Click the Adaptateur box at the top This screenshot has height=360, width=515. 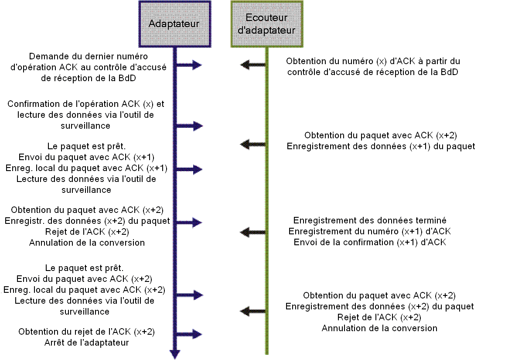pyautogui.click(x=174, y=24)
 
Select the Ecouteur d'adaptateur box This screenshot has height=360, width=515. pyautogui.click(x=266, y=24)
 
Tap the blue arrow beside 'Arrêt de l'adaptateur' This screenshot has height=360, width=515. pyautogui.click(x=192, y=335)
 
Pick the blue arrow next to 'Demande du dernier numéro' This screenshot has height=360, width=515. pyautogui.click(x=192, y=65)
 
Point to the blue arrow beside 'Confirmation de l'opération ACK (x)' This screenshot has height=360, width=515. pyautogui.click(x=192, y=126)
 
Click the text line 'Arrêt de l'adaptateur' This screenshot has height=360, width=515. pyautogui.click(x=86, y=343)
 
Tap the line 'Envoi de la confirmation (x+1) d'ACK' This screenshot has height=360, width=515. pyautogui.click(x=370, y=242)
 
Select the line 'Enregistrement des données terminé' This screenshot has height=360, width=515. pyautogui.click(x=370, y=220)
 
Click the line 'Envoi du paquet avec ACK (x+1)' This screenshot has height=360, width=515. pyautogui.click(x=86, y=157)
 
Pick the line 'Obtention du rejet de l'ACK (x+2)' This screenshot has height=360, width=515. pyautogui.click(x=86, y=332)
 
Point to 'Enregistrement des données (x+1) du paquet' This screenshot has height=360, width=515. pyautogui.click(x=381, y=146)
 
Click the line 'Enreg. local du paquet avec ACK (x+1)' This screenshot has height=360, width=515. pyautogui.click(x=86, y=168)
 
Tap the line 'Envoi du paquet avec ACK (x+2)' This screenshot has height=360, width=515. pyautogui.click(x=84, y=278)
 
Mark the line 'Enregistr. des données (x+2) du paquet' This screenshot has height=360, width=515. pyautogui.click(x=87, y=220)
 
